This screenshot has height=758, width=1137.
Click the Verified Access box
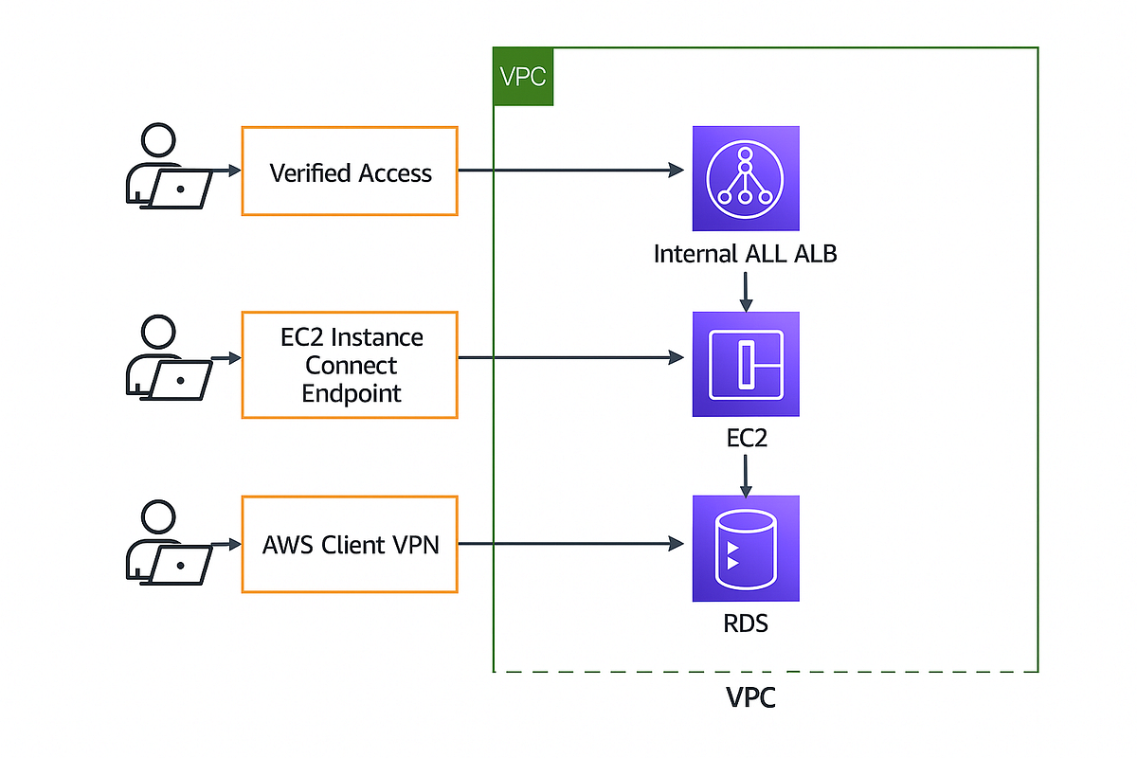[350, 171]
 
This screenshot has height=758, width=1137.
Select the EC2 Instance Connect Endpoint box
[350, 365]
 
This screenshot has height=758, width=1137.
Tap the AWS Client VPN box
[350, 545]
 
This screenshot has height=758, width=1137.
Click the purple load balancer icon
[746, 178]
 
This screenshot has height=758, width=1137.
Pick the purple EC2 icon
[746, 364]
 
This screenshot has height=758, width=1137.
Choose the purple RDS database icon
[746, 549]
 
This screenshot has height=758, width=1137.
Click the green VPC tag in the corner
[523, 76]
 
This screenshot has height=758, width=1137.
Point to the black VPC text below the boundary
[750, 698]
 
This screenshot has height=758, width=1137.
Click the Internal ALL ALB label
[746, 254]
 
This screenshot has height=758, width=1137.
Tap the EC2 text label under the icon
[746, 440]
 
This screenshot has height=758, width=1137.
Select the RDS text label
[746, 624]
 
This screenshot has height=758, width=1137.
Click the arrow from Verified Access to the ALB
[568, 171]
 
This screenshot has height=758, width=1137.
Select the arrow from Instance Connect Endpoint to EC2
[568, 358]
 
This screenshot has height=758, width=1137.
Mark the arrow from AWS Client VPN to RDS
[568, 544]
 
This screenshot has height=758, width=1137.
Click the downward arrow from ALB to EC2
[746, 291]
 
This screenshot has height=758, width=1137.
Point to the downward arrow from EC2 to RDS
[746, 476]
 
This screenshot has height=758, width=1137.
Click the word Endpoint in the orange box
[352, 393]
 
